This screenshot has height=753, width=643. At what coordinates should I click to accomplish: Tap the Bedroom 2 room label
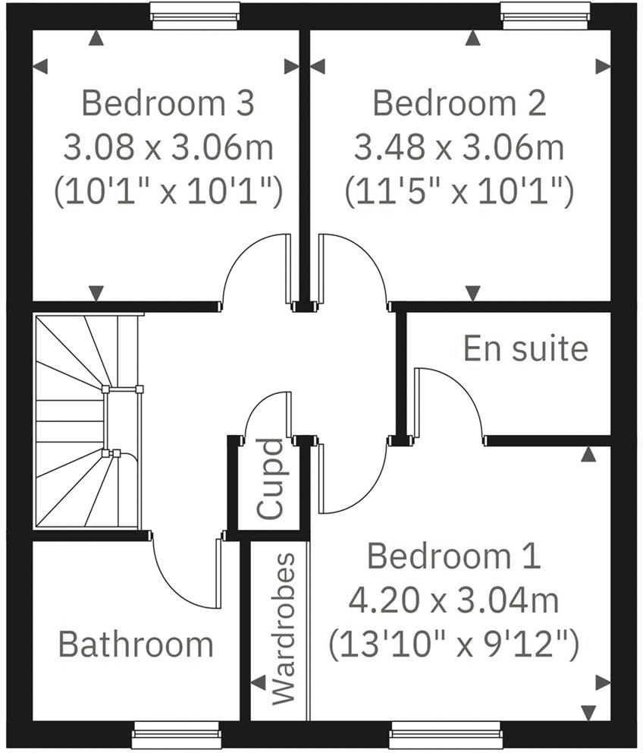[459, 103]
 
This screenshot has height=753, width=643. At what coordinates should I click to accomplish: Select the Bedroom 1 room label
[453, 557]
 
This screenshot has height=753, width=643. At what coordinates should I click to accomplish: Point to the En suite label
[525, 349]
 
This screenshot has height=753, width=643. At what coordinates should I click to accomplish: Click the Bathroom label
[136, 644]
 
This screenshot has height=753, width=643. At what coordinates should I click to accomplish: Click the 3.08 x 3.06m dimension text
[168, 148]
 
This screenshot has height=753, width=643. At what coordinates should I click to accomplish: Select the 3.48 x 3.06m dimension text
[460, 148]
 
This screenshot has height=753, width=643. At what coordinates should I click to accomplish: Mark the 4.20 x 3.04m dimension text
[453, 602]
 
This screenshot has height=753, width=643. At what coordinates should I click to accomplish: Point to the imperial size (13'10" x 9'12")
[453, 646]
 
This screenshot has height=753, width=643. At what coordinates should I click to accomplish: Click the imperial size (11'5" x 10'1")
[460, 193]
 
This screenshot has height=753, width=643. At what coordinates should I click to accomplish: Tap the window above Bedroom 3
[195, 14]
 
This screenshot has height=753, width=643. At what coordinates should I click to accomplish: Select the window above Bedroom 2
[546, 14]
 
